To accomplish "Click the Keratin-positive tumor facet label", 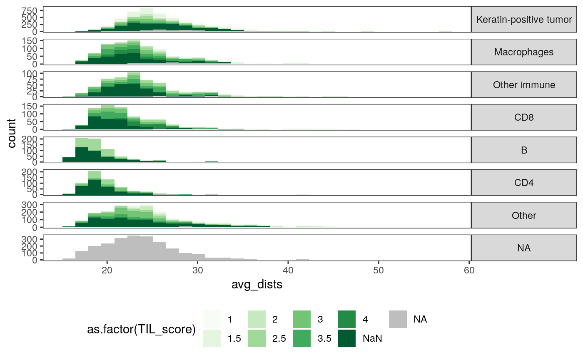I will (x=524, y=20).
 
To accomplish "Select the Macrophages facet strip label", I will (x=524, y=52).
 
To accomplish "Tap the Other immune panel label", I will (x=524, y=85).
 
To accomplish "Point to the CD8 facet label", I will (x=524, y=117).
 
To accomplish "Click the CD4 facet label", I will (x=524, y=183).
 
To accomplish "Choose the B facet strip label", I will (x=524, y=150).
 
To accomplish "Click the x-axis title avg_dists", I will (x=257, y=285).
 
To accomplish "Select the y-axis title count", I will (x=12, y=133).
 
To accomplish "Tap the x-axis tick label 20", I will (x=107, y=270).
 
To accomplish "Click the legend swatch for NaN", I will (x=347, y=338).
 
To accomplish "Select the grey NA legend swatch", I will (x=398, y=319).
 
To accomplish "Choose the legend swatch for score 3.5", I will (x=302, y=338).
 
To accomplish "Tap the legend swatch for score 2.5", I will (x=257, y=338).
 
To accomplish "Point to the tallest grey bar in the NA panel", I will (x=134, y=248).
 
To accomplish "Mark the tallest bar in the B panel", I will (x=82, y=150).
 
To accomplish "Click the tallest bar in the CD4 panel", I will (x=95, y=183).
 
